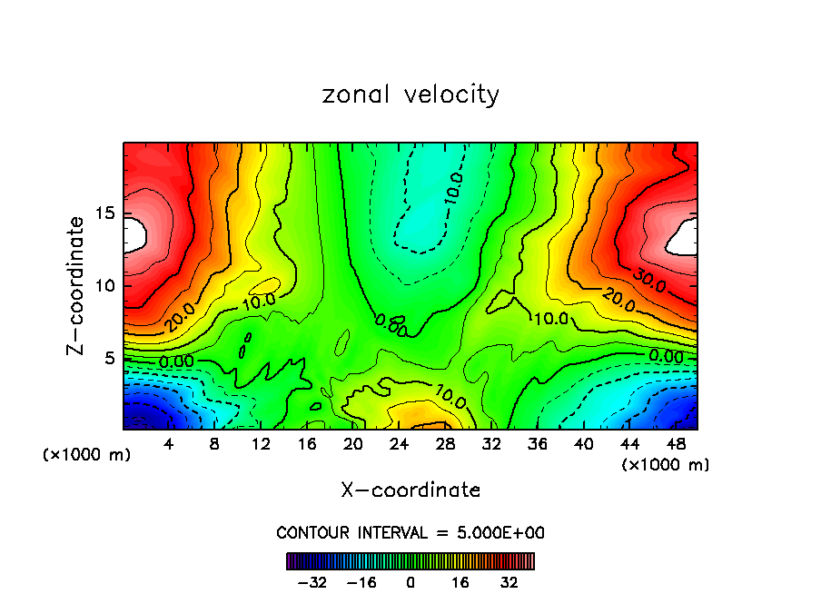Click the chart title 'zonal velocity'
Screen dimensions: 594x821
[x=410, y=95]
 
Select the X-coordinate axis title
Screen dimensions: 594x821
[x=410, y=490]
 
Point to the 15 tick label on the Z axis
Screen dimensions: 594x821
[x=104, y=214]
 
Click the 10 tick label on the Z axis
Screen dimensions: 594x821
[x=104, y=286]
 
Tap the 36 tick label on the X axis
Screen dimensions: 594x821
[x=537, y=444]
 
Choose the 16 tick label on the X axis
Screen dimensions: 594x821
[x=307, y=444]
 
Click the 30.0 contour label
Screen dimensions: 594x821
[x=649, y=282]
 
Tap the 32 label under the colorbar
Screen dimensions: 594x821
[x=509, y=582]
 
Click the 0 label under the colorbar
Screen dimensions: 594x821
[x=410, y=582]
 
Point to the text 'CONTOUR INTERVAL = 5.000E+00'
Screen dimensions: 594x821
[x=410, y=533]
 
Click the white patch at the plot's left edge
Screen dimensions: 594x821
[x=134, y=234]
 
